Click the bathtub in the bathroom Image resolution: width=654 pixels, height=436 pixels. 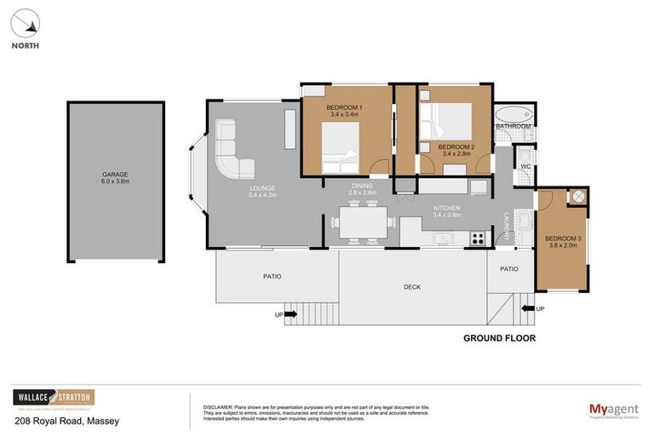(513, 115)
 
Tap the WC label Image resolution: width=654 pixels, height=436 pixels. (525, 166)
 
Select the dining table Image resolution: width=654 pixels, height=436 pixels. (363, 223)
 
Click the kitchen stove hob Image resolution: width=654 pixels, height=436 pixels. (478, 238)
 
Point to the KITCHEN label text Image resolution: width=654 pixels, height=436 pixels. (446, 208)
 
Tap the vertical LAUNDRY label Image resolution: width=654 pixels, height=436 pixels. (507, 226)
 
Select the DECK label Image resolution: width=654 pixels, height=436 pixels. (412, 287)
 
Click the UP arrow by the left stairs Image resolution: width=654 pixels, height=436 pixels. (290, 314)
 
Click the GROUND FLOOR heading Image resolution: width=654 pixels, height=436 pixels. (499, 338)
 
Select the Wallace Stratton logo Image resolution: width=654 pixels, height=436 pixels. (54, 398)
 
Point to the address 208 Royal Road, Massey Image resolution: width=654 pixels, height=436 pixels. (66, 421)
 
